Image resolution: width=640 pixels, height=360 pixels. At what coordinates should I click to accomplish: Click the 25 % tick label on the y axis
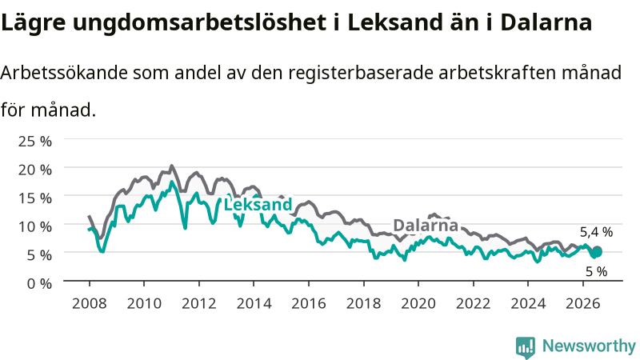[35, 142]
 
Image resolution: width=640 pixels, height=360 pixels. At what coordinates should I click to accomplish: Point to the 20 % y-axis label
[35, 170]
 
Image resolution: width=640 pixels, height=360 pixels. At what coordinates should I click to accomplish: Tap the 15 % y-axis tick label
[35, 198]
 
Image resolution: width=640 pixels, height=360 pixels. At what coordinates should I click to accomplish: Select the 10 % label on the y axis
[35, 226]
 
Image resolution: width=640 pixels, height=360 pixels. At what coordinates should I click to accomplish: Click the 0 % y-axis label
[39, 283]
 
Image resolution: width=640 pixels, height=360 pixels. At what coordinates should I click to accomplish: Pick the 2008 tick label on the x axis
[90, 304]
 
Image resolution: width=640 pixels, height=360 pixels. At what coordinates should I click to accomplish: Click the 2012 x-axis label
[198, 304]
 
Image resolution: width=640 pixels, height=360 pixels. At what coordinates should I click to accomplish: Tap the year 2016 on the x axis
[309, 304]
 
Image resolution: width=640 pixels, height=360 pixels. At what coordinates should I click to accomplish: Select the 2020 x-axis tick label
[418, 304]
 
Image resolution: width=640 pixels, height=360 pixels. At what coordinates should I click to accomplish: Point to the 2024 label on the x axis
[528, 304]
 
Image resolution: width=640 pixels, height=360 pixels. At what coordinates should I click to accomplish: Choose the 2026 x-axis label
[583, 304]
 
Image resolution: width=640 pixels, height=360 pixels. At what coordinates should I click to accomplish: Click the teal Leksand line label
[258, 205]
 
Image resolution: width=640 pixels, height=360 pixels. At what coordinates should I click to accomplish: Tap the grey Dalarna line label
[426, 226]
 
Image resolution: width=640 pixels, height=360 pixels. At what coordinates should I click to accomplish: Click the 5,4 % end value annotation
[596, 232]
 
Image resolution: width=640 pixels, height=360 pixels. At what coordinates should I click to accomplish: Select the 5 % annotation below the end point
[596, 271]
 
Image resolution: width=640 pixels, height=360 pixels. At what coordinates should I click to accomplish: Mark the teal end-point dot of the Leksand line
[597, 253]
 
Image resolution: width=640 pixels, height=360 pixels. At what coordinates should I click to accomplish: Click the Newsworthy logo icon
[526, 346]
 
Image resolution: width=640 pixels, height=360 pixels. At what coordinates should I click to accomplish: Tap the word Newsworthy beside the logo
[589, 346]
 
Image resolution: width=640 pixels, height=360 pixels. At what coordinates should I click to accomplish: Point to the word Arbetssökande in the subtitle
[64, 73]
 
